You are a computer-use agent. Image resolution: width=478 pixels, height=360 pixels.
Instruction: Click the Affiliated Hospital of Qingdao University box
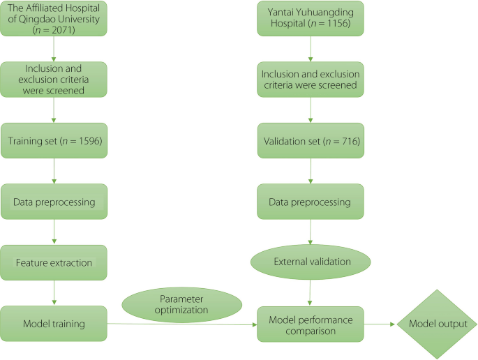[54, 19]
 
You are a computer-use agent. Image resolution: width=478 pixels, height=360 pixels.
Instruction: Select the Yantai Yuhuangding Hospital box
[310, 19]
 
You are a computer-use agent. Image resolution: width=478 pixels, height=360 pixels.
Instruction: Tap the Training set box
[54, 140]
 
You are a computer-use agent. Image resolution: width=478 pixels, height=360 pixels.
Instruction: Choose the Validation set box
[310, 140]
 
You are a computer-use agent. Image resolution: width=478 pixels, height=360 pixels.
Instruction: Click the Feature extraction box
[54, 262]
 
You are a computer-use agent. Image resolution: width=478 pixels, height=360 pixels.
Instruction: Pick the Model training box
[54, 323]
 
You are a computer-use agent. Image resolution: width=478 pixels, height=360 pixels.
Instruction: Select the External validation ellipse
[310, 262]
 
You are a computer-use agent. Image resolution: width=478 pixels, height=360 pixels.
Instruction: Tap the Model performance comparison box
[310, 324]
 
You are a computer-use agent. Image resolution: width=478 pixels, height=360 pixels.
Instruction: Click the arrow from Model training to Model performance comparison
[181, 324]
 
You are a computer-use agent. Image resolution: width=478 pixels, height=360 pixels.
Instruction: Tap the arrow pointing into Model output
[380, 324]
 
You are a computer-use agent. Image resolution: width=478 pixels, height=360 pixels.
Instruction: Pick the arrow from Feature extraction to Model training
[54, 293]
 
